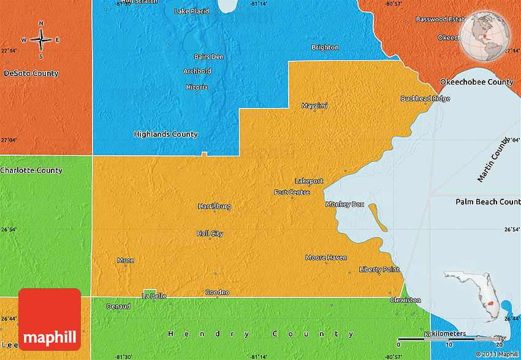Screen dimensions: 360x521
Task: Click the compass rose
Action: point(41,40)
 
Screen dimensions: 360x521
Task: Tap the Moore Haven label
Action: point(326,258)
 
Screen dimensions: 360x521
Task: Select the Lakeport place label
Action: point(309,181)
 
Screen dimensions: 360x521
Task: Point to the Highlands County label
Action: point(166,134)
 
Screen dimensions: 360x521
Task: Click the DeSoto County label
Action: point(31,74)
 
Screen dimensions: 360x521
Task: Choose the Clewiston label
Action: point(405,300)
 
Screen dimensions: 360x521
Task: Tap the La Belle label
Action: point(154,296)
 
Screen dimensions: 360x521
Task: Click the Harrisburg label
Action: point(215,207)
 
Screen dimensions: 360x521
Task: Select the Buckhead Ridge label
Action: point(425,99)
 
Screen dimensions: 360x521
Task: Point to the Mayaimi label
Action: point(314,105)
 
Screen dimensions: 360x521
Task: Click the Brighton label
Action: point(325,47)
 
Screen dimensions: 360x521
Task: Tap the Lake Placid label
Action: point(192,11)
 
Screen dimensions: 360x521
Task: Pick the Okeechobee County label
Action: point(476,82)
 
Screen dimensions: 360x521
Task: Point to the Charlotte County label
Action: point(31,170)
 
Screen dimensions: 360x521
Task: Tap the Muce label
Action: point(125,260)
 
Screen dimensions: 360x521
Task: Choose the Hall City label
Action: point(210,234)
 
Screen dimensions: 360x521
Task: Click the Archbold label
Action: point(197,71)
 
